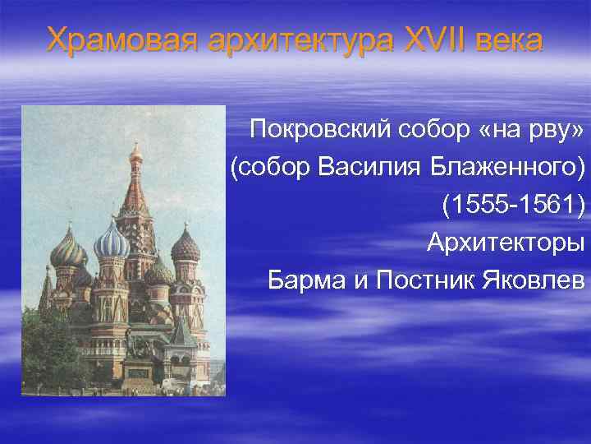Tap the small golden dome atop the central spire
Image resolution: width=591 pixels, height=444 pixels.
135,151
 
